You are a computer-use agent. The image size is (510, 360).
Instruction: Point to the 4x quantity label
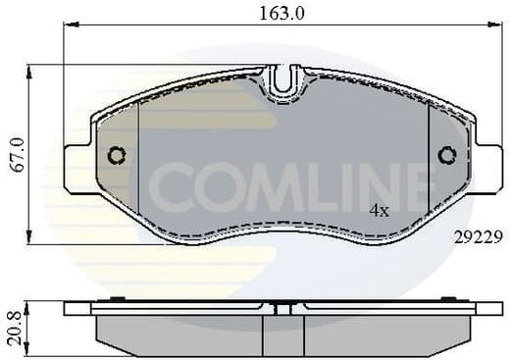379,211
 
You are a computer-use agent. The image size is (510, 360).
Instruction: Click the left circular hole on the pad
117,155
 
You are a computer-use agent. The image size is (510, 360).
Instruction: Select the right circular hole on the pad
448,155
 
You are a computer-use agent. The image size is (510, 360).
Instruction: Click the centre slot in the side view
283,309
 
